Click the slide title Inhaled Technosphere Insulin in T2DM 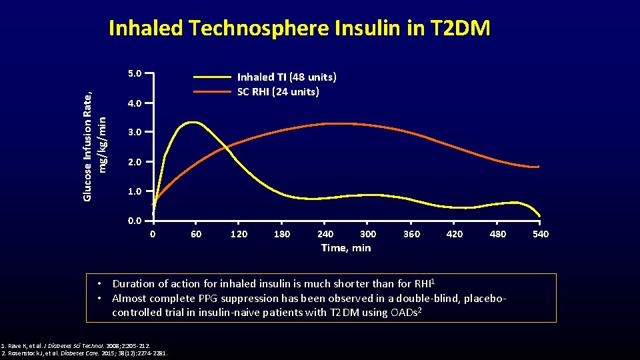(x=299, y=28)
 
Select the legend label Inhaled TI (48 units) (x=287, y=77)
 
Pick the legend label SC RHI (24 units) (x=278, y=92)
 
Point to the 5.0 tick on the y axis (x=134, y=73)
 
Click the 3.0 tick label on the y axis (x=134, y=133)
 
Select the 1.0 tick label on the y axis (x=134, y=192)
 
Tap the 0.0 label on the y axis (x=134, y=221)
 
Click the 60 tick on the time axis (x=195, y=234)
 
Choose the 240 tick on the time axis (x=325, y=234)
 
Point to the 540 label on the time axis (x=540, y=234)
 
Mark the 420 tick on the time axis (x=454, y=234)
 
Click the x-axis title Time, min (x=346, y=248)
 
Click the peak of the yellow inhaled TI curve (x=193, y=122)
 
